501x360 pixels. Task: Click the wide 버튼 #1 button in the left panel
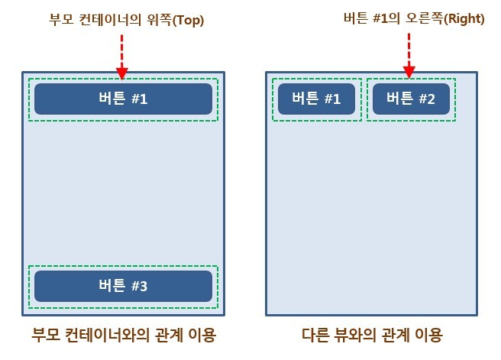tap(123, 99)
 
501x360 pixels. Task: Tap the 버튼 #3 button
tap(123, 286)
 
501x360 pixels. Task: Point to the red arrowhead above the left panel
tap(121, 74)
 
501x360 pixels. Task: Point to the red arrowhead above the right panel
tap(409, 73)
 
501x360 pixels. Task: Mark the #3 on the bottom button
tap(138, 286)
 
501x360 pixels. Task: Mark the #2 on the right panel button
tap(425, 99)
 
